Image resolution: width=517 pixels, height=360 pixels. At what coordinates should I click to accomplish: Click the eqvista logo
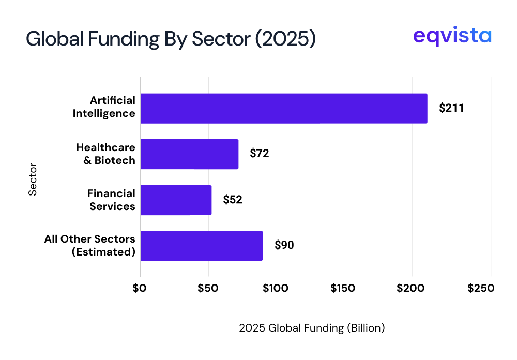(x=452, y=37)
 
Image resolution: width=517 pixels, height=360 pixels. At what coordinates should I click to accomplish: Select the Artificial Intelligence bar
(x=284, y=109)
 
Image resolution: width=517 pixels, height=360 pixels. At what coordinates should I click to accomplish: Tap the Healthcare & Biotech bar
(x=189, y=154)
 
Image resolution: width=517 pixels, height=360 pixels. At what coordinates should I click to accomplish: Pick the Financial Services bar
(x=176, y=200)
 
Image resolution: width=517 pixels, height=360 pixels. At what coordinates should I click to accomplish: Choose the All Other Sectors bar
(x=202, y=246)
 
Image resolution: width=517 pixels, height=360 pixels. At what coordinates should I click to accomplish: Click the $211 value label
(x=451, y=109)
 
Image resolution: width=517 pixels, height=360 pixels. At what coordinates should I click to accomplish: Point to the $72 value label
(x=260, y=154)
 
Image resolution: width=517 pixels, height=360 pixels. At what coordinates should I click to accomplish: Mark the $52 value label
(x=233, y=200)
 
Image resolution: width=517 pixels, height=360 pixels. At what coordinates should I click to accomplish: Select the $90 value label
(x=284, y=245)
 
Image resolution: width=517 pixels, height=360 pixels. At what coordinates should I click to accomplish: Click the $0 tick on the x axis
(x=140, y=288)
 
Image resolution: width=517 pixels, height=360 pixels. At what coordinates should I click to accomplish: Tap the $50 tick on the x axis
(x=208, y=288)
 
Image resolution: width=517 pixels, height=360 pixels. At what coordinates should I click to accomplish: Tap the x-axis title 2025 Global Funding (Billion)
(x=312, y=328)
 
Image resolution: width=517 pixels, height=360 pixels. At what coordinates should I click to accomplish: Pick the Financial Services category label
(x=111, y=200)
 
